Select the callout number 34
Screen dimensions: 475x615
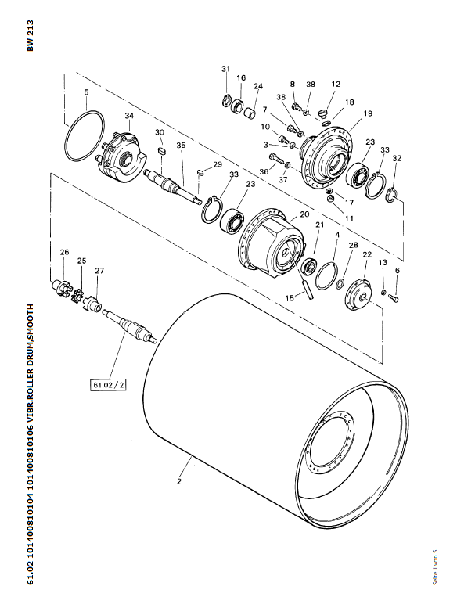(129, 116)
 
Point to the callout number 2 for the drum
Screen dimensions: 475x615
(179, 481)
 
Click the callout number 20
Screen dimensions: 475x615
(304, 214)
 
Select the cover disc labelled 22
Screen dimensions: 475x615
(358, 294)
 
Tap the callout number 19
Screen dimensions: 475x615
(368, 113)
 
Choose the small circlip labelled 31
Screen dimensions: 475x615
(226, 101)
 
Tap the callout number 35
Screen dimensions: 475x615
(181, 145)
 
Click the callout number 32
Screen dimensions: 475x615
(397, 158)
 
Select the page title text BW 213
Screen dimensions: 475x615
(31, 35)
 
